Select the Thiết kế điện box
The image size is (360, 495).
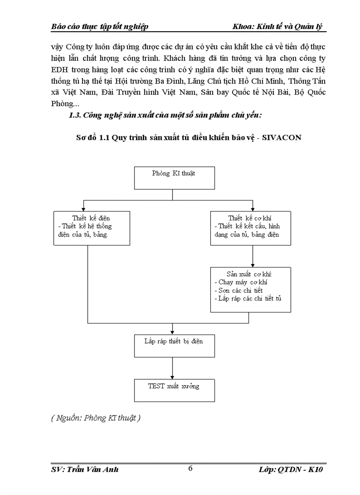click(x=91, y=227)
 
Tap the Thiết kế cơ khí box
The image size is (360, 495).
click(x=251, y=227)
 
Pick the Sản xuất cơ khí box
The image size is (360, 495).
click(x=251, y=289)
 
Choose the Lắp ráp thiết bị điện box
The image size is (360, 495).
click(x=174, y=345)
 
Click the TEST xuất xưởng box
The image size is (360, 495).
click(x=174, y=390)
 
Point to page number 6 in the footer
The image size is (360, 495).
click(x=190, y=468)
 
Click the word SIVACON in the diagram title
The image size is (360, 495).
click(x=282, y=138)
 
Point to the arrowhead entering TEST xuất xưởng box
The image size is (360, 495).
click(x=172, y=376)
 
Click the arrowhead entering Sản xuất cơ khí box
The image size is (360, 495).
click(x=252, y=264)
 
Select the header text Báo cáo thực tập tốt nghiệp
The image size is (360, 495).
click(x=100, y=26)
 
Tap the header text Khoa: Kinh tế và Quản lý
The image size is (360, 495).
click(x=278, y=26)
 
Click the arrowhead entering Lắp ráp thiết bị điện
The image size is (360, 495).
click(x=172, y=331)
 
